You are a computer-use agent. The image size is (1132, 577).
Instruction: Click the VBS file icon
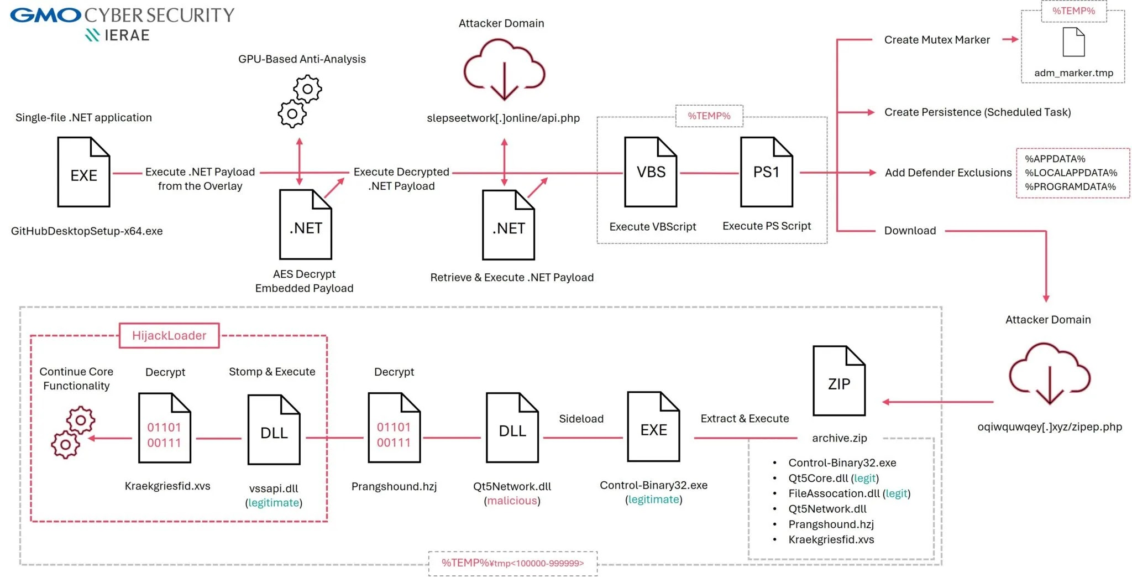651,172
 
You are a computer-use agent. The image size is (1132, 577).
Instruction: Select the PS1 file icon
766,172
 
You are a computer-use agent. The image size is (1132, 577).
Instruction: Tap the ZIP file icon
838,381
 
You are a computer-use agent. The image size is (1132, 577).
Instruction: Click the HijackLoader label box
169,336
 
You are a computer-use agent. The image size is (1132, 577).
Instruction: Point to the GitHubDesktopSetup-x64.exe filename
87,231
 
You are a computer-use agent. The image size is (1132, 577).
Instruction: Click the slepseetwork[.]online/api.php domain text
503,118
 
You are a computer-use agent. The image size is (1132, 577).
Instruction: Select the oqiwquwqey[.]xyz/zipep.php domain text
1049,427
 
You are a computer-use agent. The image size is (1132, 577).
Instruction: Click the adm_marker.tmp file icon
1073,42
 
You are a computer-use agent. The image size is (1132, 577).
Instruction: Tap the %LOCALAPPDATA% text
1071,173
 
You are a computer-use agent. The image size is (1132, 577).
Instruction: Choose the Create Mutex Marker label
936,40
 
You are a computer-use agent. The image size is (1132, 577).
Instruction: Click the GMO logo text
45,15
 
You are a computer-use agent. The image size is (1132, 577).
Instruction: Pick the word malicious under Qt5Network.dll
512,501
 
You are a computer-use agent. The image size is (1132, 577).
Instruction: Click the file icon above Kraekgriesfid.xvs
164,428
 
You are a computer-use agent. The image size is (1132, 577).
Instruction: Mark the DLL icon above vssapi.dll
274,430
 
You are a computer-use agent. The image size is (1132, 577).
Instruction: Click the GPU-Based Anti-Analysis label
302,59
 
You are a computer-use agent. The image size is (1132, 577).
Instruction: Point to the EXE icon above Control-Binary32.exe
653,427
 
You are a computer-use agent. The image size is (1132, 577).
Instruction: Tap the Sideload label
581,419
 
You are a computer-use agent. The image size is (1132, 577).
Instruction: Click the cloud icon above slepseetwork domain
504,69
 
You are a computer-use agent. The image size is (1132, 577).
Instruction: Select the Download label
910,231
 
